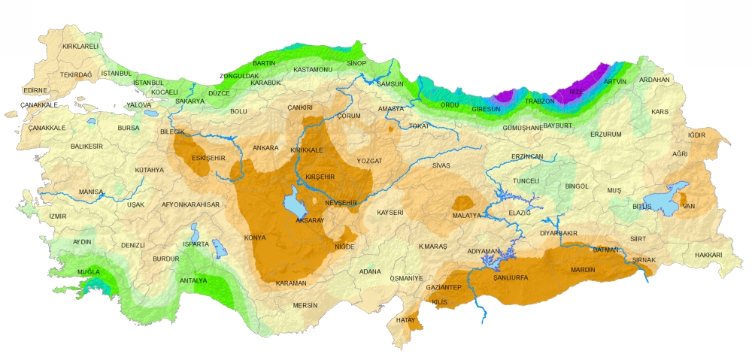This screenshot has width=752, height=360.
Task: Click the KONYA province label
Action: (255, 238)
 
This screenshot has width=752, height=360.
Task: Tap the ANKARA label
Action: (265, 148)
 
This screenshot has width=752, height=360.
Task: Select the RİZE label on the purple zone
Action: (576, 92)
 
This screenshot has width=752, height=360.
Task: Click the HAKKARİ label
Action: (708, 255)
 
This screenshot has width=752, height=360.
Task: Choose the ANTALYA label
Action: (193, 280)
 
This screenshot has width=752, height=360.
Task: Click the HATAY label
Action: (405, 320)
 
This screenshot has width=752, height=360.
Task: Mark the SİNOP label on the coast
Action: (356, 63)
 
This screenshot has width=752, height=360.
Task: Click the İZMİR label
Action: (58, 216)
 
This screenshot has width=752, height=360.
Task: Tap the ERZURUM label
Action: (605, 135)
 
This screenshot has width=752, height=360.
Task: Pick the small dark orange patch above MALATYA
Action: (462, 202)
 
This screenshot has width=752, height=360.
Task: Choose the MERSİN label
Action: (305, 306)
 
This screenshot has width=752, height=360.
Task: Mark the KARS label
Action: (660, 112)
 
